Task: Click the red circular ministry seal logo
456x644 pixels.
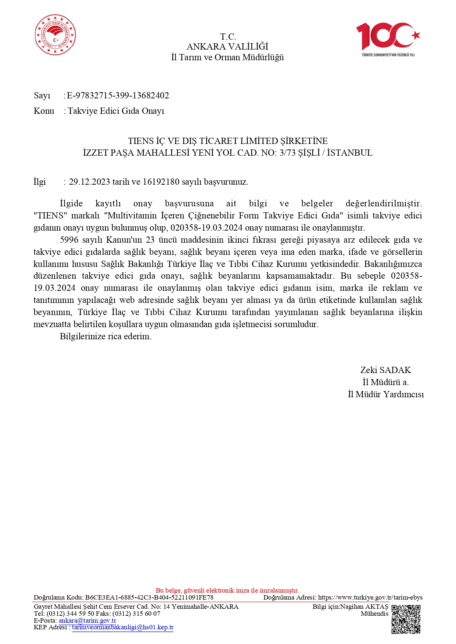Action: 55,35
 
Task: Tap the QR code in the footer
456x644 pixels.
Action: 406,619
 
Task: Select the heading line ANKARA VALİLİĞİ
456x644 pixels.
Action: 227,47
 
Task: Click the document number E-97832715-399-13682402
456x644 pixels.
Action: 118,95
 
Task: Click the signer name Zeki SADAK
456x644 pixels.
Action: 385,370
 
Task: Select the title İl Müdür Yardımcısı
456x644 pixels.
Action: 385,394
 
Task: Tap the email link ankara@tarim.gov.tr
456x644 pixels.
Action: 87,621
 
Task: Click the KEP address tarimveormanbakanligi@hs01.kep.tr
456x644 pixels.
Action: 123,627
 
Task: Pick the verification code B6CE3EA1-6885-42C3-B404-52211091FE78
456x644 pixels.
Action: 149,597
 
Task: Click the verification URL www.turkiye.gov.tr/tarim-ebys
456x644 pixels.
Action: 370,597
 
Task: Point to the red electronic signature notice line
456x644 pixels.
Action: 227,590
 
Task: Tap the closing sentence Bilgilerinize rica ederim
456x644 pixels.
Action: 105,336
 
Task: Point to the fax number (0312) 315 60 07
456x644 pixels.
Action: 136,614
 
